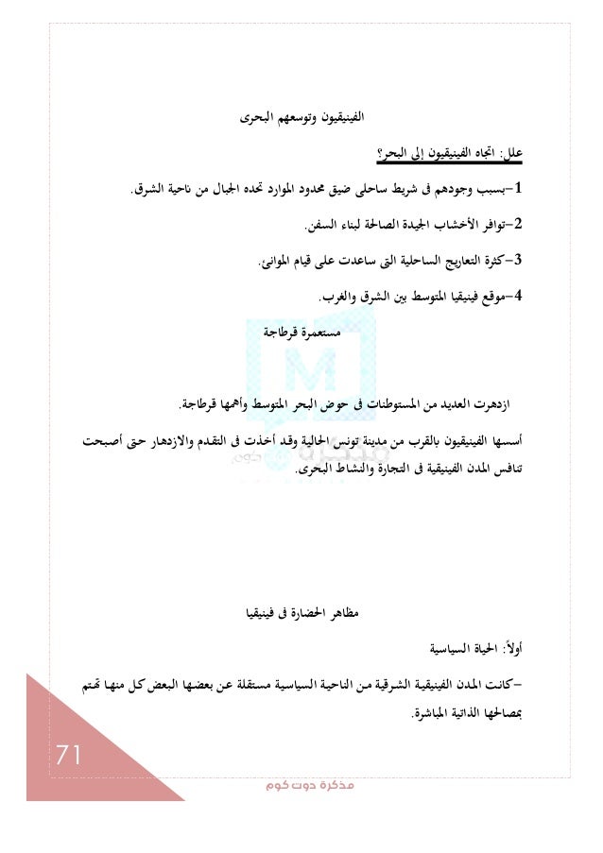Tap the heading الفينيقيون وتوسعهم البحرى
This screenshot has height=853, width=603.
click(301, 118)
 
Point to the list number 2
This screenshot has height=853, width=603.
click(532, 226)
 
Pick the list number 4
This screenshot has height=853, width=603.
click(532, 299)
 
